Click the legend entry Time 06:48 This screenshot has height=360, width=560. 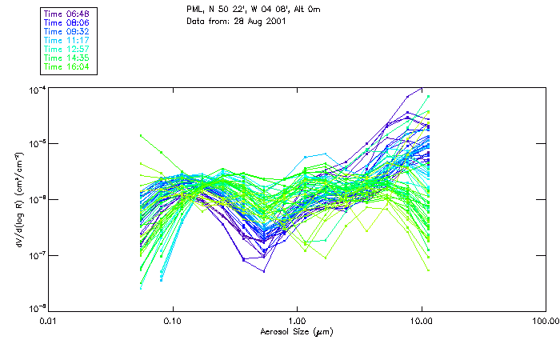(67, 14)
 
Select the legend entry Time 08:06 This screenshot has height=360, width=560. (67, 22)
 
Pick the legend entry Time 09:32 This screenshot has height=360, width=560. (67, 31)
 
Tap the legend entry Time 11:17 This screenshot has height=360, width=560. (67, 40)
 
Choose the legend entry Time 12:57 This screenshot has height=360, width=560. (67, 49)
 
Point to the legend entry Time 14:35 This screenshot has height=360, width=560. (67, 58)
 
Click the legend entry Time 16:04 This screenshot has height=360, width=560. (67, 66)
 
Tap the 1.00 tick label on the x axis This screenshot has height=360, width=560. (297, 322)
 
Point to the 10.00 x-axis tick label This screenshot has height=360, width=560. (422, 322)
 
